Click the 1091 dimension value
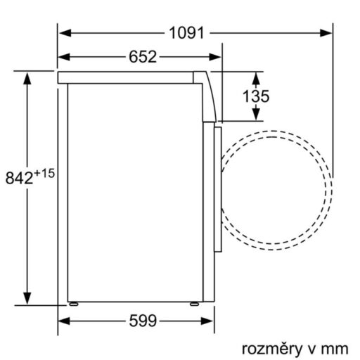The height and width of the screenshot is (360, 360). pos(186,32)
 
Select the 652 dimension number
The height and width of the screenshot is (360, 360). pos(142,58)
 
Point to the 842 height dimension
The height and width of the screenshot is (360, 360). pos(19,178)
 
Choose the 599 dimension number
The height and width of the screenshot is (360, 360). pos(142,321)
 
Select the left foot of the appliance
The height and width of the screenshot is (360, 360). pos(73,305)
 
